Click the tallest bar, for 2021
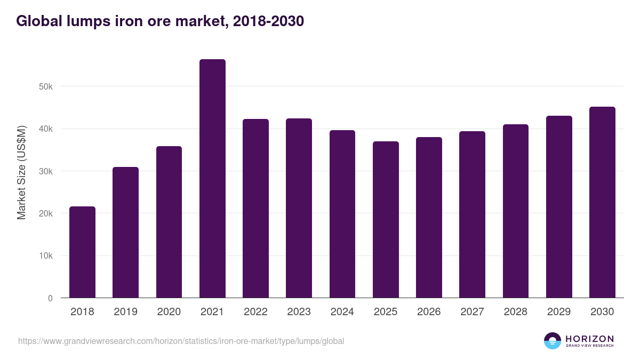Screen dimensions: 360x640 [x=212, y=179]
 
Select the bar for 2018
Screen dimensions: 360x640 [x=82, y=252]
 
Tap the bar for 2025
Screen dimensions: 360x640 [x=386, y=220]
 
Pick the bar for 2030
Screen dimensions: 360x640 [x=602, y=202]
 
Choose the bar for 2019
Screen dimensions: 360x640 [x=125, y=233]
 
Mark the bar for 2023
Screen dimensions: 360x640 [x=299, y=208]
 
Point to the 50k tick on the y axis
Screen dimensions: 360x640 [x=46, y=86]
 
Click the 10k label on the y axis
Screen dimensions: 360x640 [x=46, y=256]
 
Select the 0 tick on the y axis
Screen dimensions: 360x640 [x=50, y=298]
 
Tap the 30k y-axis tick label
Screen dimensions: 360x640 [x=46, y=171]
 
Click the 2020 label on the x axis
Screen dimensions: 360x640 [x=169, y=312]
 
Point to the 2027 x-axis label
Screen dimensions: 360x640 [x=472, y=312]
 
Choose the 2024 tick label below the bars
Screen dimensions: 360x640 [x=342, y=312]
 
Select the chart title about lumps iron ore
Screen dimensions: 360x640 [x=160, y=21]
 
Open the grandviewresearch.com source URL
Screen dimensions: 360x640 [x=181, y=341]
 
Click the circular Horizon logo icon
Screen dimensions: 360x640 [x=553, y=341]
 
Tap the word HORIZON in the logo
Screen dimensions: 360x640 [x=589, y=339]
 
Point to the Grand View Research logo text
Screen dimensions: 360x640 [x=589, y=346]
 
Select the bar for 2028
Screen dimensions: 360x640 [x=515, y=211]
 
